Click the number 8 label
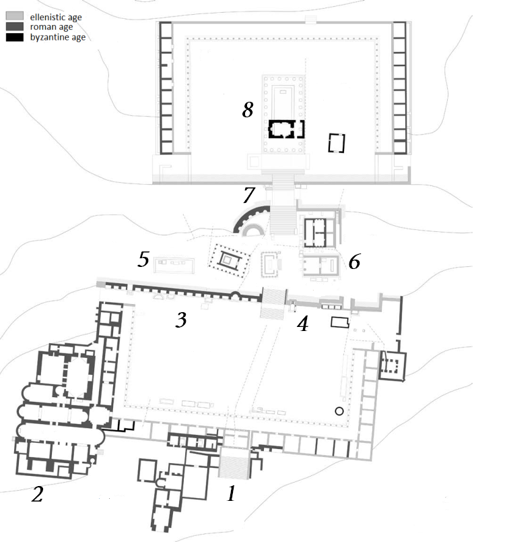(x=248, y=110)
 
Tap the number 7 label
(x=248, y=195)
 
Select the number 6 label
(x=354, y=262)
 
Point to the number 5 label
(x=143, y=260)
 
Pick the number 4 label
(x=303, y=324)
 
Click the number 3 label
(x=181, y=320)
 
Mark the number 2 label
(x=37, y=493)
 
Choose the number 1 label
(x=232, y=493)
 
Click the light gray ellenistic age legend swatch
(x=15, y=16)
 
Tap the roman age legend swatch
(x=15, y=26)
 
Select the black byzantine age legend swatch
(x=15, y=37)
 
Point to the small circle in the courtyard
(x=339, y=411)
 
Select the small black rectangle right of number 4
(x=340, y=322)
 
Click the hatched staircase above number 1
(x=234, y=467)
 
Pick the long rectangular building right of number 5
(x=174, y=264)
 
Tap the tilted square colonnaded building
(x=228, y=260)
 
